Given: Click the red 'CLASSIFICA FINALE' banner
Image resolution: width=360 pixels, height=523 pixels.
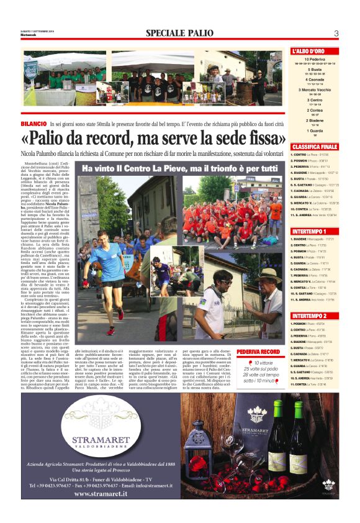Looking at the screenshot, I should click(315, 147).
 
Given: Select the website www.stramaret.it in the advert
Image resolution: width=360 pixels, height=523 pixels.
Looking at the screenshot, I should click(92, 494).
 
